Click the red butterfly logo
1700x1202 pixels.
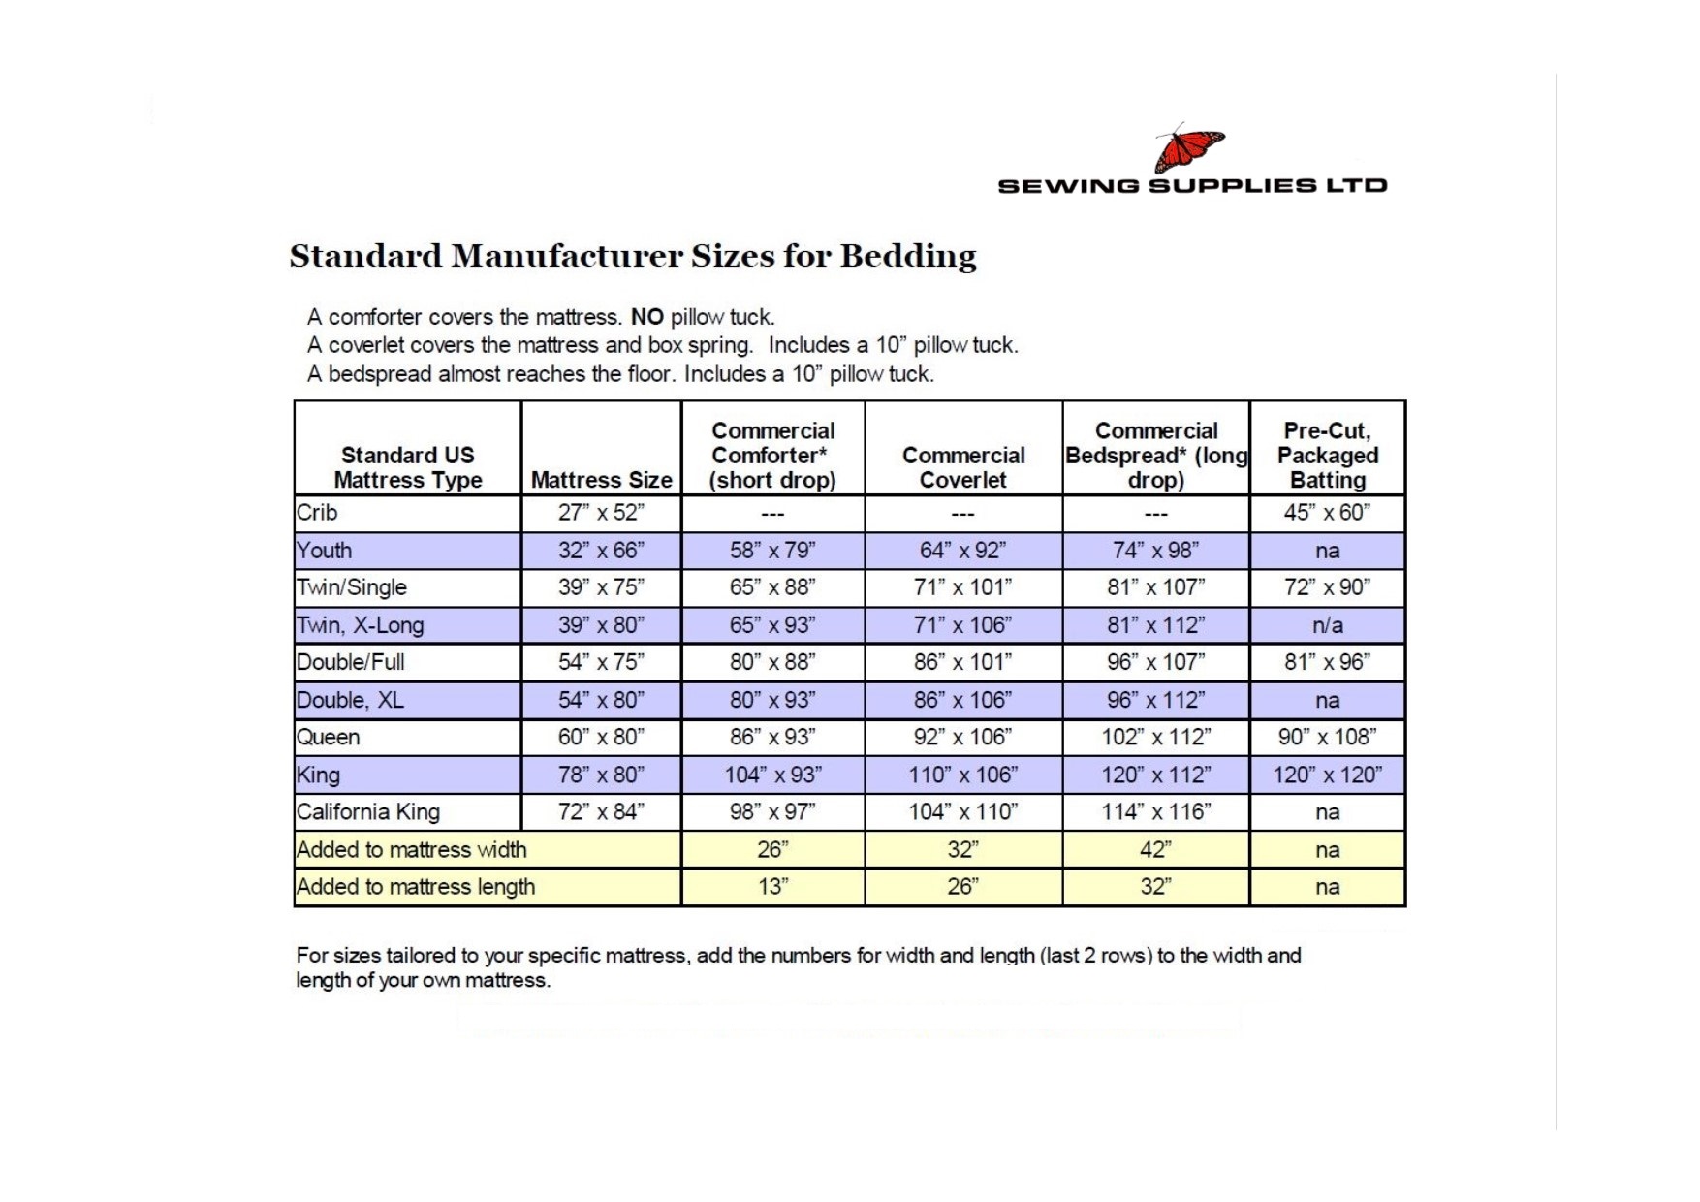coord(1188,149)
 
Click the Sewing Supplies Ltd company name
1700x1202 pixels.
coord(1192,185)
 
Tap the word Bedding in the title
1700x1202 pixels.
coord(908,256)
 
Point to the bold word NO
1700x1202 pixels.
coord(646,317)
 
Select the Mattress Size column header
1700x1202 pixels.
coord(601,480)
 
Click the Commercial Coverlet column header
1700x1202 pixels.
coord(962,467)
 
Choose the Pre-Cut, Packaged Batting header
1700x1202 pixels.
coord(1327,455)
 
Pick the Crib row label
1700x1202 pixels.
coord(317,513)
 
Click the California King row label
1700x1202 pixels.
coord(368,812)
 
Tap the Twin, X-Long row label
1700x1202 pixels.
coord(361,625)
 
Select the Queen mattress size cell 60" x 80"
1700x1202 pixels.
coord(601,737)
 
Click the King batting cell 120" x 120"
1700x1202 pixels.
coord(1327,775)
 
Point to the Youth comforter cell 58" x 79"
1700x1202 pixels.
coord(772,551)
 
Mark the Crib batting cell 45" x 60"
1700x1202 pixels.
coord(1327,513)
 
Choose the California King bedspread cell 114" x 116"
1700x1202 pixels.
coord(1155,812)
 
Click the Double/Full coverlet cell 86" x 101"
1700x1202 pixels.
coord(962,662)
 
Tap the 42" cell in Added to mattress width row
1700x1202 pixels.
coord(1155,850)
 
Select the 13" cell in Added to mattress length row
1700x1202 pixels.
coord(772,887)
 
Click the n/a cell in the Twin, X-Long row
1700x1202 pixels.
coord(1327,625)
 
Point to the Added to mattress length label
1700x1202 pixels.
coord(416,887)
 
